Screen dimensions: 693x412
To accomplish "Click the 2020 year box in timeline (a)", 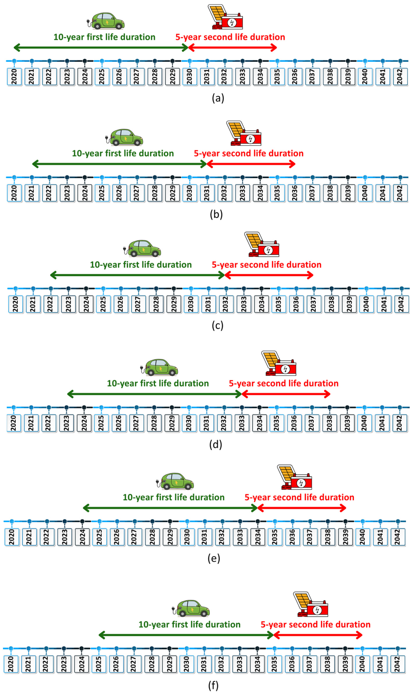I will point(14,77).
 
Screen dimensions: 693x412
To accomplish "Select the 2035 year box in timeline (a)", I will point(277,77).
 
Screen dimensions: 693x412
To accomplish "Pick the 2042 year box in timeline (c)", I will point(402,304).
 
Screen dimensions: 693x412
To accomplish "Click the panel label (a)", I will point(218,98).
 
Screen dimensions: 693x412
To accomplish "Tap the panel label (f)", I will point(213,686).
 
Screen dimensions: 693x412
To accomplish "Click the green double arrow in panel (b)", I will point(119,164).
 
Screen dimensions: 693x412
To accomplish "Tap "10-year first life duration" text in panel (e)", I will point(173,497).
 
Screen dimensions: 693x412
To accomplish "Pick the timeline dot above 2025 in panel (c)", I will point(103,289).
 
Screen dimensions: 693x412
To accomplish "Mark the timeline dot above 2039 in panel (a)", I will point(348,61).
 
